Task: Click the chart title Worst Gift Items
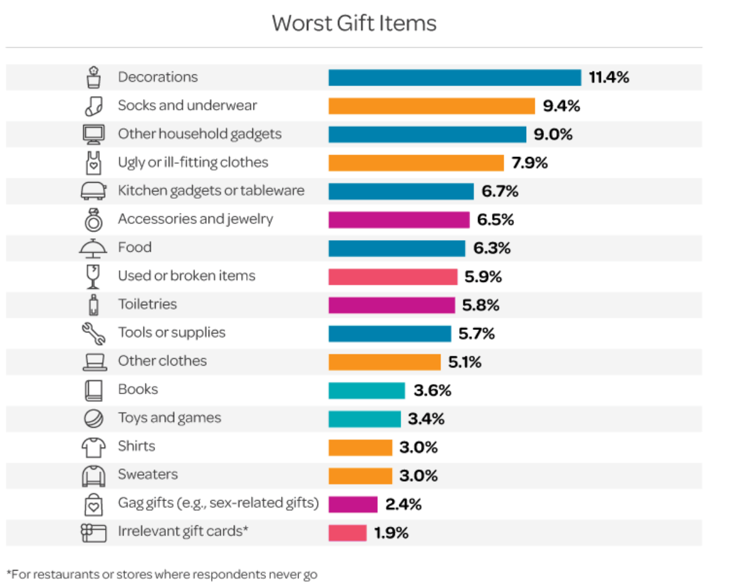point(354,23)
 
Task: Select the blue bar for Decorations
point(454,78)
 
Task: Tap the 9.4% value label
point(561,106)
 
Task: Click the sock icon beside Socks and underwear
point(93,106)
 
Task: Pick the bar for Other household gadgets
point(427,134)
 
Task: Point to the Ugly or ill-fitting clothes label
point(193,163)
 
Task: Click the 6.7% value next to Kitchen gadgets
point(500,191)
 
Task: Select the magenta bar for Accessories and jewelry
point(399,220)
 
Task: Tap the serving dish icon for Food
point(93,248)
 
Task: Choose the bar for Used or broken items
point(393,276)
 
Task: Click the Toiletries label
point(147,304)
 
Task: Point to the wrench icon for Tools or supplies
point(94,333)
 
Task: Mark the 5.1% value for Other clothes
point(465,362)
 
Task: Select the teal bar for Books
point(366,390)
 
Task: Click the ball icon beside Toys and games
point(93,419)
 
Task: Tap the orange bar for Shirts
point(360,447)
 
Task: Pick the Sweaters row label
point(148,475)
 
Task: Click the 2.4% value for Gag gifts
point(403,504)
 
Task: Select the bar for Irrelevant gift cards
point(347,532)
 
